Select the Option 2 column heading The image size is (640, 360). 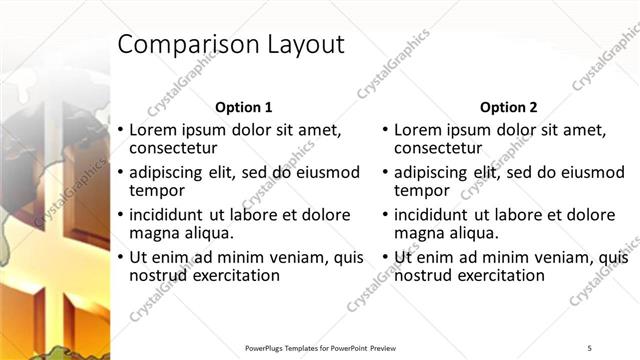pos(508,107)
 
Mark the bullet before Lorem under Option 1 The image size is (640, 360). pos(121,130)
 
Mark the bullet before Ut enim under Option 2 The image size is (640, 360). pos(386,257)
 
